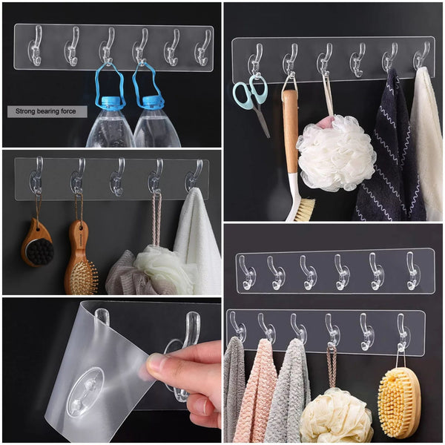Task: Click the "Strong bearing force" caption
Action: point(47,112)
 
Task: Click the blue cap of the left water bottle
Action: point(111,103)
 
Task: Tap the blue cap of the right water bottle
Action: point(153,103)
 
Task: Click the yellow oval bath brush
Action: point(398,400)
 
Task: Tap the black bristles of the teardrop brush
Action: point(38,251)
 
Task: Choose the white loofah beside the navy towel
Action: point(335,152)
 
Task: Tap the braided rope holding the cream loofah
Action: point(332,367)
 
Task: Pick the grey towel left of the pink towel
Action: point(234,389)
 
